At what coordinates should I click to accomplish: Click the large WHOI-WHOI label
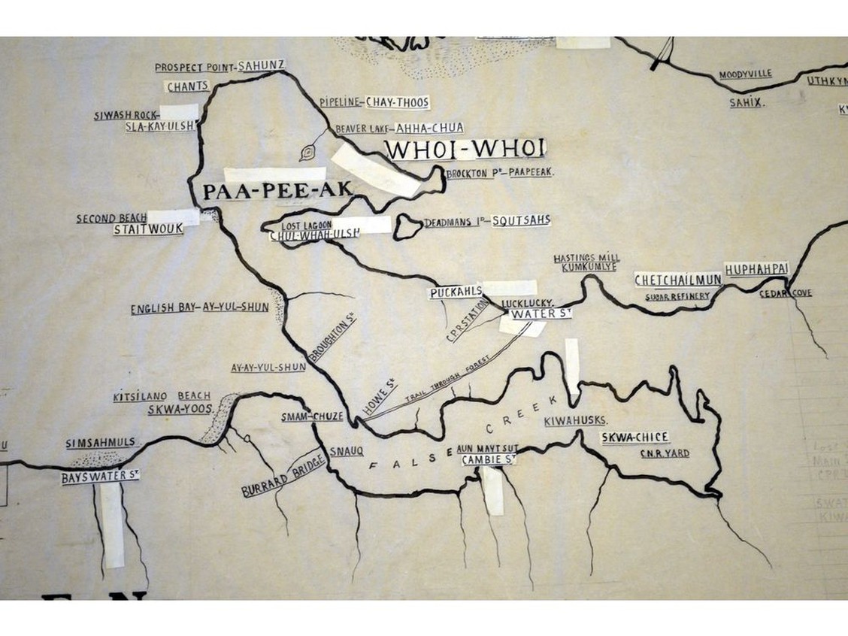465,149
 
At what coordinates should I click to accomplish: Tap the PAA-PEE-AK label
277,192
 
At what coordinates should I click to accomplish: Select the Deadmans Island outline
409,225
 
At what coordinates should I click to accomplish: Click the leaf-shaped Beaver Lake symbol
307,153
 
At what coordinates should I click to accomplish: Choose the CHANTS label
187,86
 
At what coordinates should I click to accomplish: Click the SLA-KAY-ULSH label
161,126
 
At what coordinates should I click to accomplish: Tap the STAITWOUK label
148,229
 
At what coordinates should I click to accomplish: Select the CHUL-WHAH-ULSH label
314,235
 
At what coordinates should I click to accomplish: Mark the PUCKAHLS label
455,293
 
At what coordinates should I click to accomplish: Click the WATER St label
541,313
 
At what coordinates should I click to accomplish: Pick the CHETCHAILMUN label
677,280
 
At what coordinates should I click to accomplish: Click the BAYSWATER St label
101,476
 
